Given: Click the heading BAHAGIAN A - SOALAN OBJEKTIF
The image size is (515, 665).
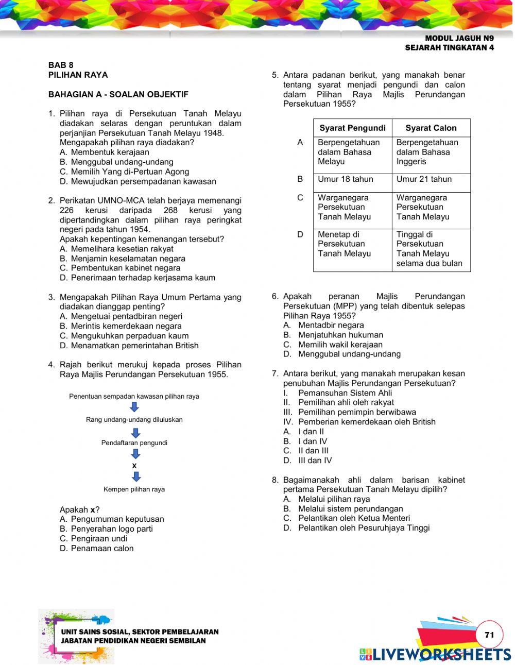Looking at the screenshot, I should [118, 94].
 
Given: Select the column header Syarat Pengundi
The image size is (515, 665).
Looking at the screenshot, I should [352, 128].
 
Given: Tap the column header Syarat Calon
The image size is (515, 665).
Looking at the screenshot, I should [431, 128].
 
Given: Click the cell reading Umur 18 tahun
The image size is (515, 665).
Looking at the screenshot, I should [346, 179].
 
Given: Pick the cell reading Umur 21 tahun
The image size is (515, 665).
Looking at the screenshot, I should [424, 179].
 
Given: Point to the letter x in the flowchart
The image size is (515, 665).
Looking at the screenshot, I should [134, 466].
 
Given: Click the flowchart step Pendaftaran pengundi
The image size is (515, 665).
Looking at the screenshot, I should [134, 443].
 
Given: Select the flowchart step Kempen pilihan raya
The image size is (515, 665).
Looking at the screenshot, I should [134, 489].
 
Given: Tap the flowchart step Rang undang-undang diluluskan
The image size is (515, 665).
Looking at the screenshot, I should [134, 420].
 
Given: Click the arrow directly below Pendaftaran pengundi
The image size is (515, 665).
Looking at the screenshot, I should [135, 454].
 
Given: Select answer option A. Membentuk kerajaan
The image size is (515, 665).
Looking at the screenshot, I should [105, 152].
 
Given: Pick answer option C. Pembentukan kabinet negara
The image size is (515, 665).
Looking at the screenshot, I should [120, 268].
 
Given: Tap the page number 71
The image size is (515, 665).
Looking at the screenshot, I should [489, 635].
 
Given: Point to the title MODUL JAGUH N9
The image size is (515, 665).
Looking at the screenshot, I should [459, 38].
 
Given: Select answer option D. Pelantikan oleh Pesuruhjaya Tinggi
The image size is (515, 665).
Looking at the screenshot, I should [356, 528].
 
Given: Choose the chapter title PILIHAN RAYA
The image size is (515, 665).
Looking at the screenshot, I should [78, 75].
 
